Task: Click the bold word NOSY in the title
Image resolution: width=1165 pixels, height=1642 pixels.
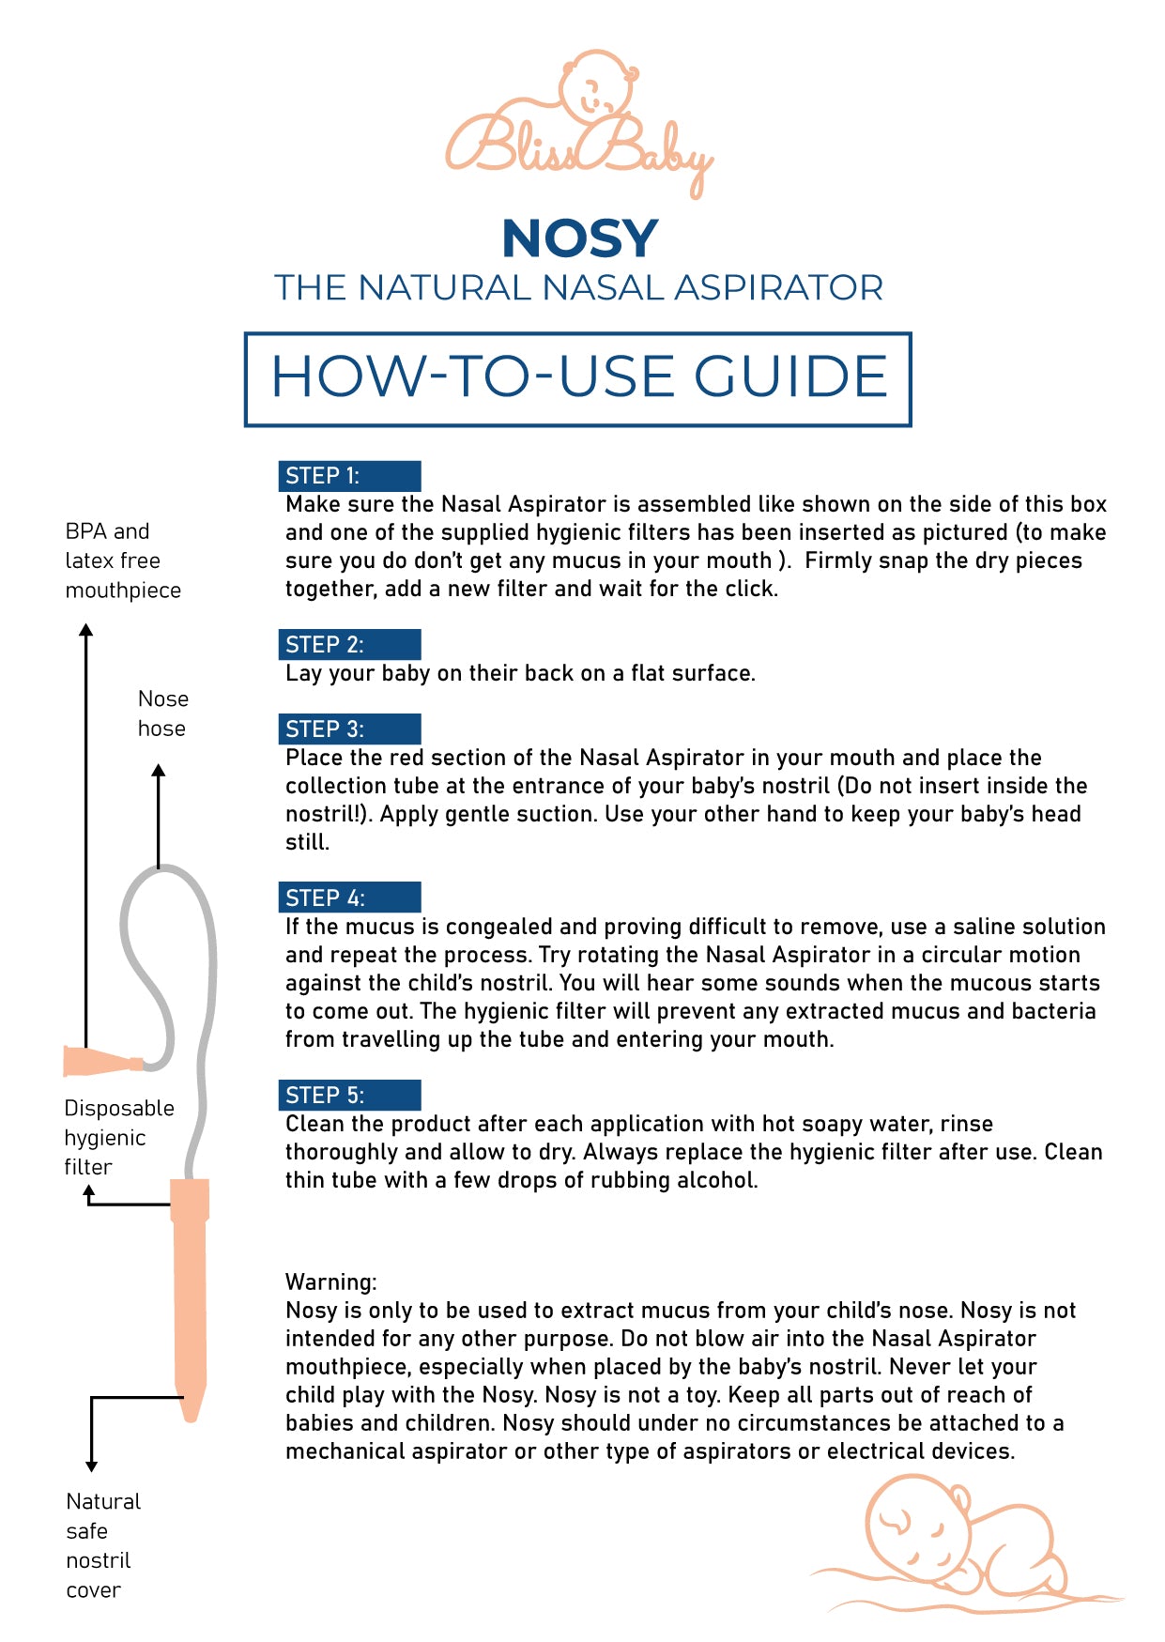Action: (579, 238)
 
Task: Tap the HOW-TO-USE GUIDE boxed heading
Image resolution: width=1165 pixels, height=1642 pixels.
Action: (578, 377)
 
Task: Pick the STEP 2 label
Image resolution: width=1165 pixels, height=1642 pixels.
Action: (325, 645)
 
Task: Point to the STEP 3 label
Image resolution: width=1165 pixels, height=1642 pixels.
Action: (325, 729)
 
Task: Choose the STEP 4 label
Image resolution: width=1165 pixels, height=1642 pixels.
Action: (325, 898)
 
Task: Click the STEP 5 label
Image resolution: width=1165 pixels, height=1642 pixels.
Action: (325, 1096)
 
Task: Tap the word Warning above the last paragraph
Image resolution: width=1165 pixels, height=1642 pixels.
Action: (330, 1282)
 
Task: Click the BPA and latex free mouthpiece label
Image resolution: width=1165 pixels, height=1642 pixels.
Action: (122, 560)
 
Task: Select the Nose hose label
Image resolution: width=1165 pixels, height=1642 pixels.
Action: (162, 714)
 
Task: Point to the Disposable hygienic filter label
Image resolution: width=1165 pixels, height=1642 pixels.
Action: (118, 1138)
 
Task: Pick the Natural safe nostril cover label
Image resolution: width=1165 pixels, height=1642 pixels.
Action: (102, 1545)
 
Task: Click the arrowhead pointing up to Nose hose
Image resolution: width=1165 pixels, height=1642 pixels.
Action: (159, 771)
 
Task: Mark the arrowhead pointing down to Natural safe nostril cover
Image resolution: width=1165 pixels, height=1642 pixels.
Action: (91, 1466)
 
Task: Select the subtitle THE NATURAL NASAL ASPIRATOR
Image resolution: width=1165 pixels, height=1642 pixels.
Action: (578, 288)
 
